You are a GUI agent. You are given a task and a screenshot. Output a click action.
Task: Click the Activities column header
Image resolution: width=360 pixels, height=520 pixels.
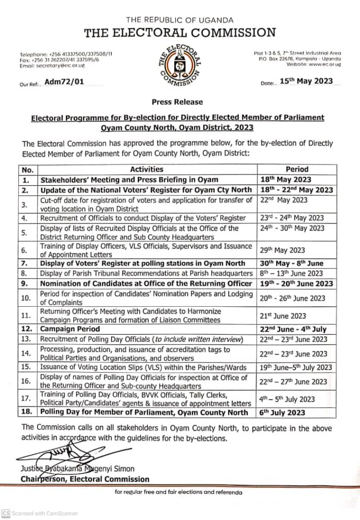(x=147, y=170)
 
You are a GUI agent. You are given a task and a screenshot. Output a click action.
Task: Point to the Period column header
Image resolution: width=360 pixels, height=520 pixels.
(x=297, y=170)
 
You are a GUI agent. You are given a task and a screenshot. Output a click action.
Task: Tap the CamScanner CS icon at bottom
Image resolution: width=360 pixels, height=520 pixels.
(x=6, y=513)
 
